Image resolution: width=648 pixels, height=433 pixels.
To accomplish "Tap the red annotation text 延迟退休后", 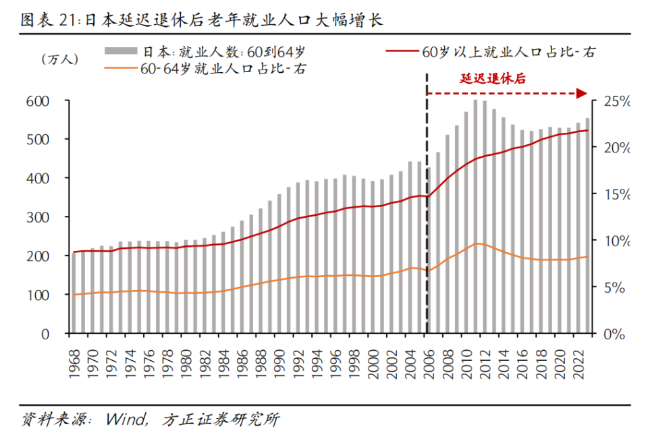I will pos(493,78).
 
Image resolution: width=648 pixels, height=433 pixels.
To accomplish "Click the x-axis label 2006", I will pos(427,355).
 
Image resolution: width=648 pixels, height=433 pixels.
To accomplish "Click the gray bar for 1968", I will pos(75,293).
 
